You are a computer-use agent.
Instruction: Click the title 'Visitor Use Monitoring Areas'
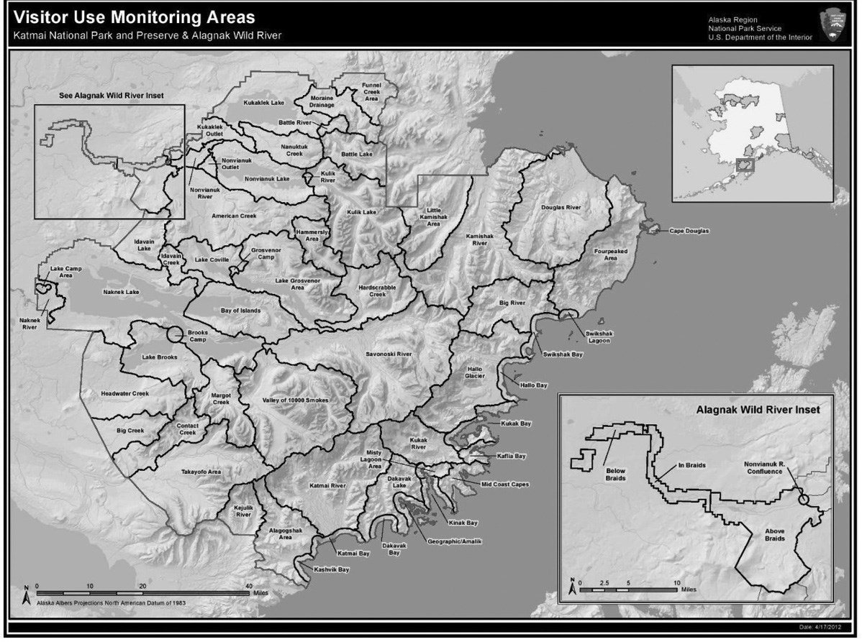coord(134,16)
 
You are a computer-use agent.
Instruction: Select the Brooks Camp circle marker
coord(174,334)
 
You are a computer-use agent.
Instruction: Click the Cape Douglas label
coord(689,231)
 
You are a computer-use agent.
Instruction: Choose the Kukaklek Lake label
coord(264,103)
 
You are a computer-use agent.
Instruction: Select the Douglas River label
coord(560,207)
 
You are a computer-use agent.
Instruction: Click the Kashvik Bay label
coord(332,570)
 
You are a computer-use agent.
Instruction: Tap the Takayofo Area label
coord(200,472)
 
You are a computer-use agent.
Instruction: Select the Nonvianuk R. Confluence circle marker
coord(804,497)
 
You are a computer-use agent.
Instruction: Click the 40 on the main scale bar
coord(249,585)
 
